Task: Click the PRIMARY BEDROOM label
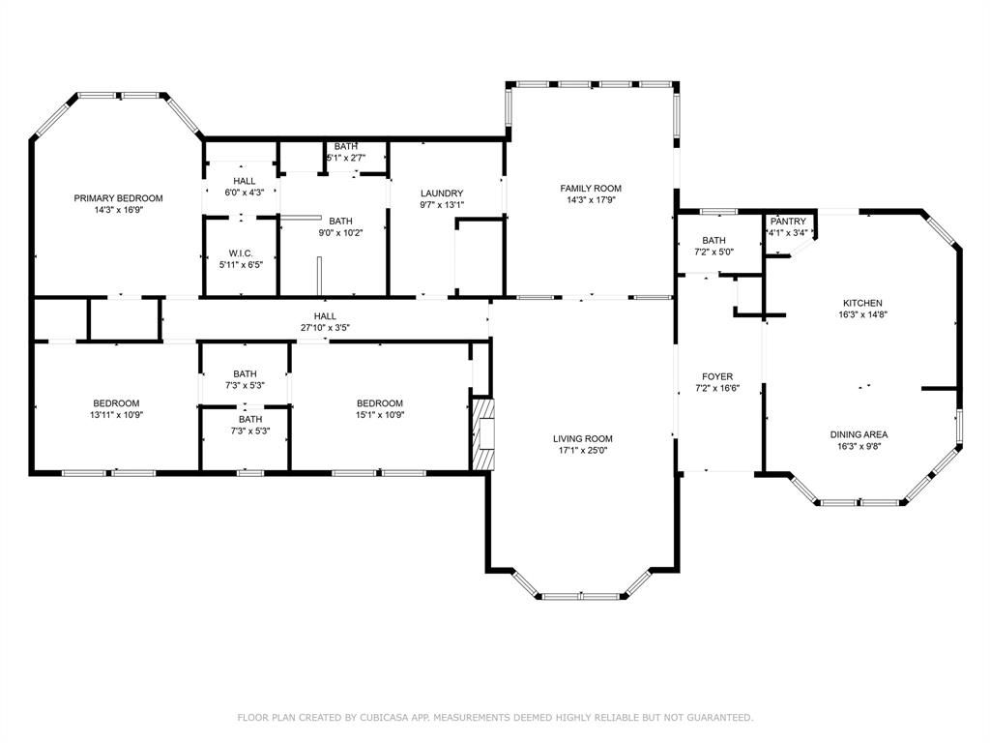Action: pos(118,197)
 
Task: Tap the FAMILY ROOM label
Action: pos(591,188)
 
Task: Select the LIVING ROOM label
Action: pos(582,438)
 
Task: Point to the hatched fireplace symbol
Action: pos(483,433)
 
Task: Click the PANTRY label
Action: pos(788,222)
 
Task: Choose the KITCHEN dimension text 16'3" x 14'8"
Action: pos(862,314)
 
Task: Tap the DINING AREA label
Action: pos(859,434)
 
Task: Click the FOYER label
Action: pos(717,376)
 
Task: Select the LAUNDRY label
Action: pos(442,193)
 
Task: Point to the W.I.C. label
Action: pos(241,253)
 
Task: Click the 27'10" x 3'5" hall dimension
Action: pos(325,327)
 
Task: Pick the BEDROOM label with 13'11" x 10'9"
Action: pos(116,403)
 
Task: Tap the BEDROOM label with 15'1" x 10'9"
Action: pos(379,403)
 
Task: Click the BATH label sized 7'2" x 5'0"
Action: pos(713,240)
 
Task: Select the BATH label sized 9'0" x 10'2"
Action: pos(340,222)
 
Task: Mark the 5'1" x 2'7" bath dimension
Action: pos(345,158)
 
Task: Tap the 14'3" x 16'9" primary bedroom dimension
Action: pos(119,209)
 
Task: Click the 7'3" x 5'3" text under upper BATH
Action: pos(245,385)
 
